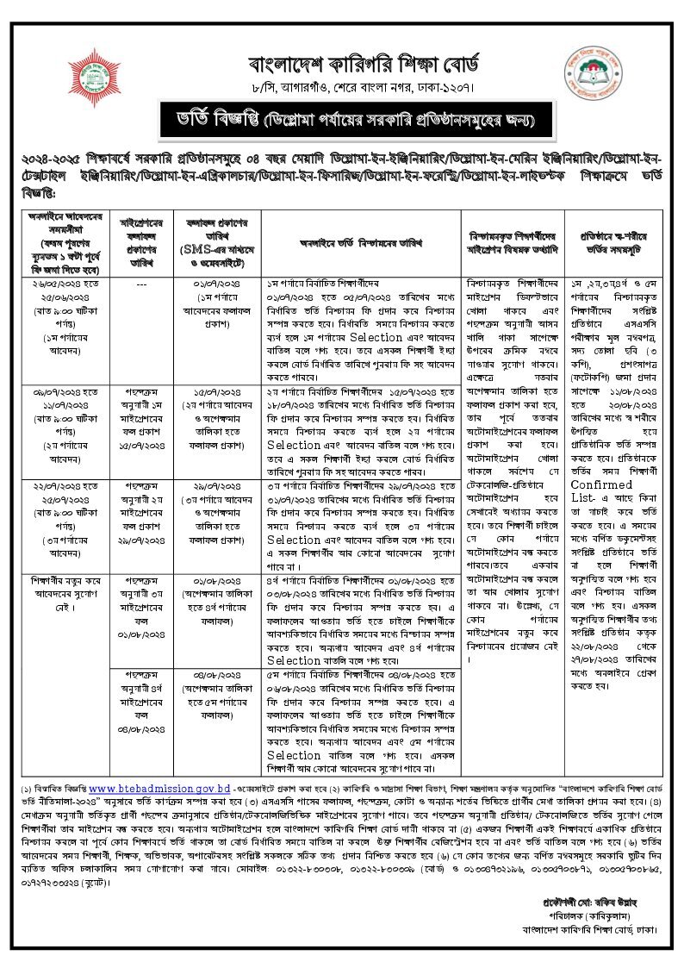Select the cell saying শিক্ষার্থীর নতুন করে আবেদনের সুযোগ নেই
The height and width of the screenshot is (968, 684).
65,575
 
